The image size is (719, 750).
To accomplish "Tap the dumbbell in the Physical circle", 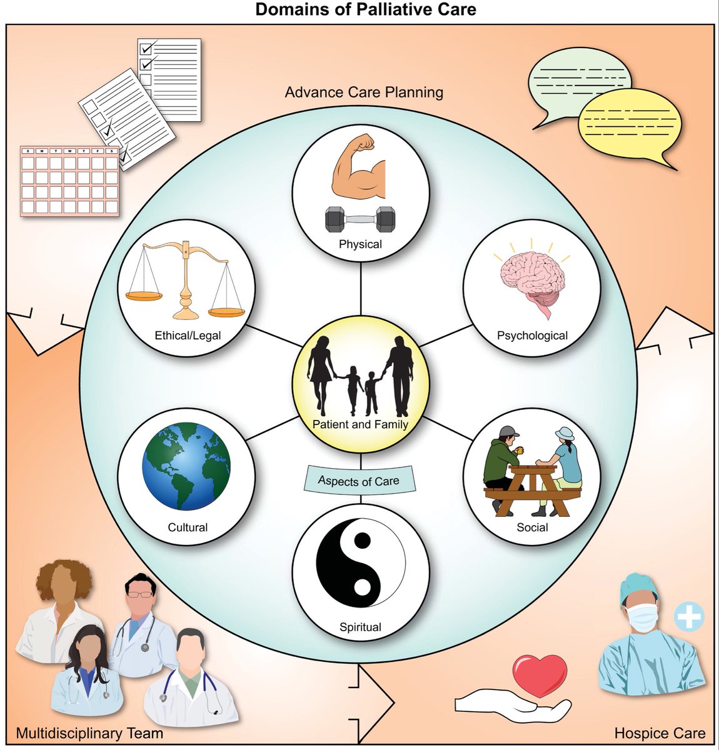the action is pos(361,220).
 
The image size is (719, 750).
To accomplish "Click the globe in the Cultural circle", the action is pos(186,466).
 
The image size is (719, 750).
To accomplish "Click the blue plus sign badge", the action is pos(689,616).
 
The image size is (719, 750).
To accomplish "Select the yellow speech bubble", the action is pos(628,124).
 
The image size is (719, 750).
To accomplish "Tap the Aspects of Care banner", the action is pos(358,481).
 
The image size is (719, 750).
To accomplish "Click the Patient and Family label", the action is pos(360,424).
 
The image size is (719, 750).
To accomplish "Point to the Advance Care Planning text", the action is pos(364,92).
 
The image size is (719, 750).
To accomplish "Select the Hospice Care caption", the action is pos(660,733).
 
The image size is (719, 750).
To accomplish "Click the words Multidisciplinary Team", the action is pos(89,733).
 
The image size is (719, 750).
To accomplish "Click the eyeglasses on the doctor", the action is pos(138,593).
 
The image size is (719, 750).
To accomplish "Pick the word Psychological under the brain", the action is pos(532,336).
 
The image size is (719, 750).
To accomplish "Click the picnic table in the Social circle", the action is pos(527,488).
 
